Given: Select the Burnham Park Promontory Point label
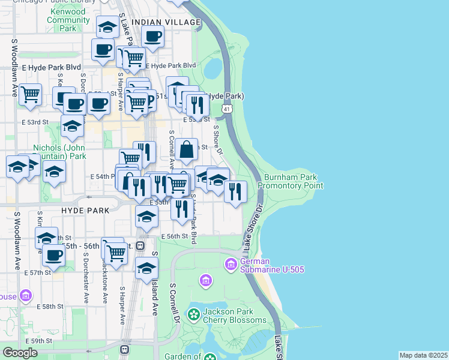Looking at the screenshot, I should [291, 181].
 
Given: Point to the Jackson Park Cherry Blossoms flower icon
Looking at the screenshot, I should [193, 314].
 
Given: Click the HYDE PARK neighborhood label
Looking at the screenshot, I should [85, 211].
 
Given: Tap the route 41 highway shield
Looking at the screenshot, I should [226, 109].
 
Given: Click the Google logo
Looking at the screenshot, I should [20, 353].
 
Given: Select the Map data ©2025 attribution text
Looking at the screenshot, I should [423, 355].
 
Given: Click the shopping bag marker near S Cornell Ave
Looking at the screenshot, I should [187, 149].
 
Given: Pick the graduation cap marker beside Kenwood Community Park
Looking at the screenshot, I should [107, 28].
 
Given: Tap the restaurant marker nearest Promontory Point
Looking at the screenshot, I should [235, 192].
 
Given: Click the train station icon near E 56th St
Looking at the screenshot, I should [140, 245].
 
